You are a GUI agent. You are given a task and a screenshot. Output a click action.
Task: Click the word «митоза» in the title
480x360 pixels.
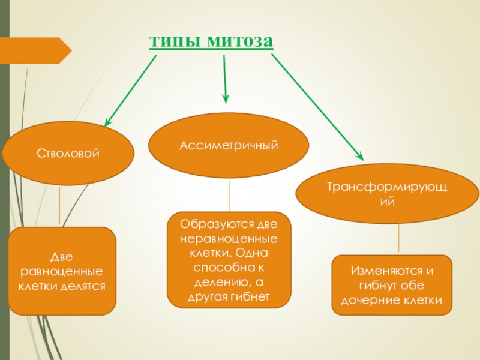(239, 41)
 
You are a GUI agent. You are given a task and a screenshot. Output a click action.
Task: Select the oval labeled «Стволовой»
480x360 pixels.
(67, 154)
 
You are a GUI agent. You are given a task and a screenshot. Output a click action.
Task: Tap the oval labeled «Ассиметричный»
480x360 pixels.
(229, 145)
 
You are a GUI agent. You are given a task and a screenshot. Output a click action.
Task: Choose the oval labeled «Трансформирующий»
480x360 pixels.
(388, 194)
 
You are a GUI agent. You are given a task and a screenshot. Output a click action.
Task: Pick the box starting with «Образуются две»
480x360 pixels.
(229, 260)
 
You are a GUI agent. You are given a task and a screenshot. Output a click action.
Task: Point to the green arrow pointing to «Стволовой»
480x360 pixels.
(131, 90)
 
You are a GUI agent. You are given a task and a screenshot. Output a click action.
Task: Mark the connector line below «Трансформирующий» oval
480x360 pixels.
(398, 239)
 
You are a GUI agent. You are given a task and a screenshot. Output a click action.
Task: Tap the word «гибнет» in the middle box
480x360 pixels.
(254, 297)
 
